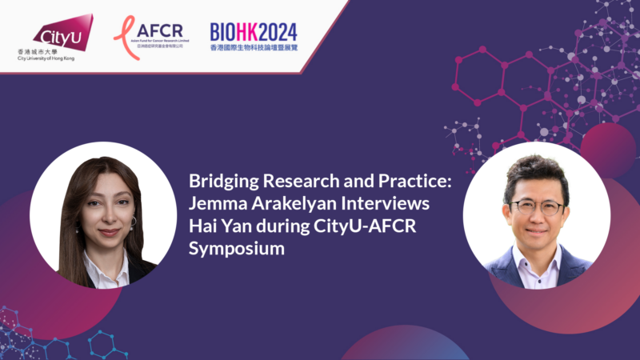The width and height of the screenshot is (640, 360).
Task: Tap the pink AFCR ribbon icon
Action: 122,31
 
